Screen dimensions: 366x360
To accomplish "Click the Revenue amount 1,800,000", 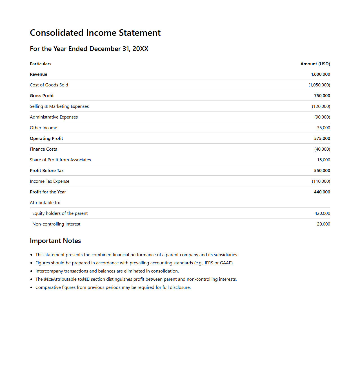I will [320, 74].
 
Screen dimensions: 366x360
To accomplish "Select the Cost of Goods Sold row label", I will [49, 85].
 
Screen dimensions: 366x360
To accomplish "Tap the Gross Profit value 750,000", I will [322, 96].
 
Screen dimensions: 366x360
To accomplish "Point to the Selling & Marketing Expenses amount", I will [321, 106].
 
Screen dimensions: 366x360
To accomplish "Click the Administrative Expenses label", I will [54, 117].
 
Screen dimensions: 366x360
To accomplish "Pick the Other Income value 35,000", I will [323, 128].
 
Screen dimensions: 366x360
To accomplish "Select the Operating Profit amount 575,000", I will [322, 139].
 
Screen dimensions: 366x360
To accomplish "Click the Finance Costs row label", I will [43, 149].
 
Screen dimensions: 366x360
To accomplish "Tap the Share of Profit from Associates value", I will [323, 160].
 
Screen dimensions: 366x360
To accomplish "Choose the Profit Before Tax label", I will [47, 171].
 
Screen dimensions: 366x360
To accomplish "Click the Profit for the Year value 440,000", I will [322, 192].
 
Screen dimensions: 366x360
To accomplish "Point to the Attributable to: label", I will [45, 203].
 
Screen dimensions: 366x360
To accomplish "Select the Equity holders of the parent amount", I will [322, 213].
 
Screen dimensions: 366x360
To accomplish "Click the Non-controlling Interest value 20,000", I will [323, 224].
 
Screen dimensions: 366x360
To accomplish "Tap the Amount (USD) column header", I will [315, 64].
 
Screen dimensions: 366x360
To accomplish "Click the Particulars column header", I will [41, 64].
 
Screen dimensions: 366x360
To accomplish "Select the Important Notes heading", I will [55, 241].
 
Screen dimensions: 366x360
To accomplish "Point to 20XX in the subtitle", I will [140, 49].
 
